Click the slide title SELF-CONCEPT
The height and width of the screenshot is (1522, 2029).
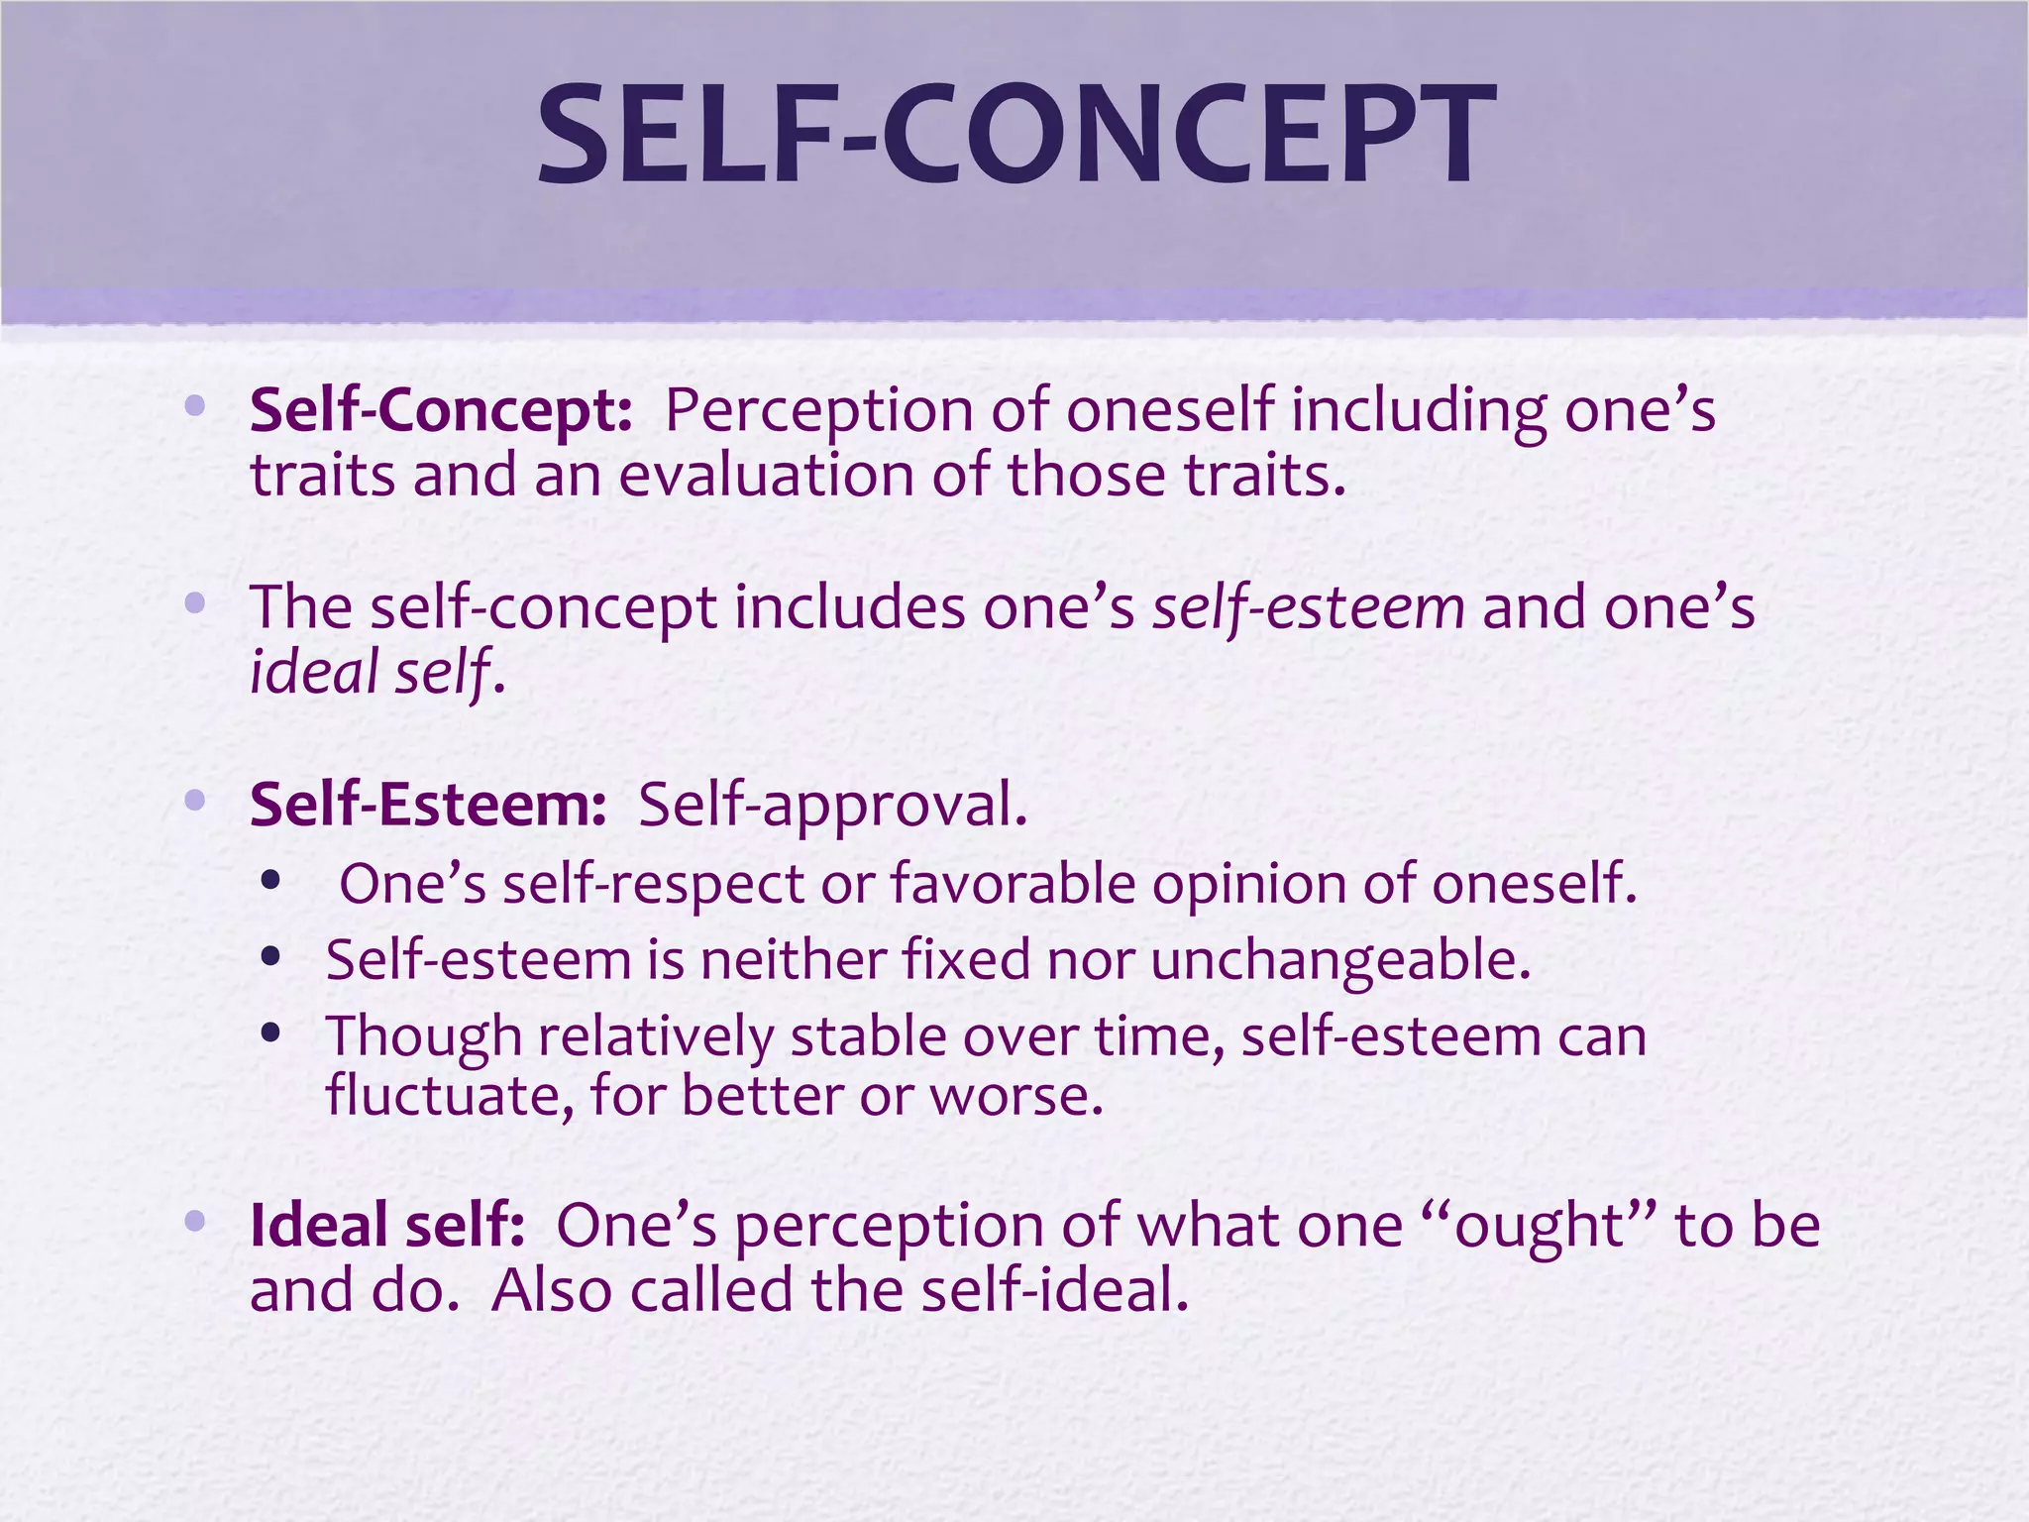[1016, 136]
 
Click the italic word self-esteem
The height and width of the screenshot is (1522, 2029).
[1308, 607]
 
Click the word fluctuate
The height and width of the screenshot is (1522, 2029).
[450, 1096]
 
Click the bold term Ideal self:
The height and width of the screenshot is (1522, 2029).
[387, 1226]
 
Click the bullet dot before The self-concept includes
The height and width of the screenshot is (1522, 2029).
[195, 602]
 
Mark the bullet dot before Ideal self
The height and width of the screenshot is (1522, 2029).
[195, 1221]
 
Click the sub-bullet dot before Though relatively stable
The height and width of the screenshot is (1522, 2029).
[270, 1033]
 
